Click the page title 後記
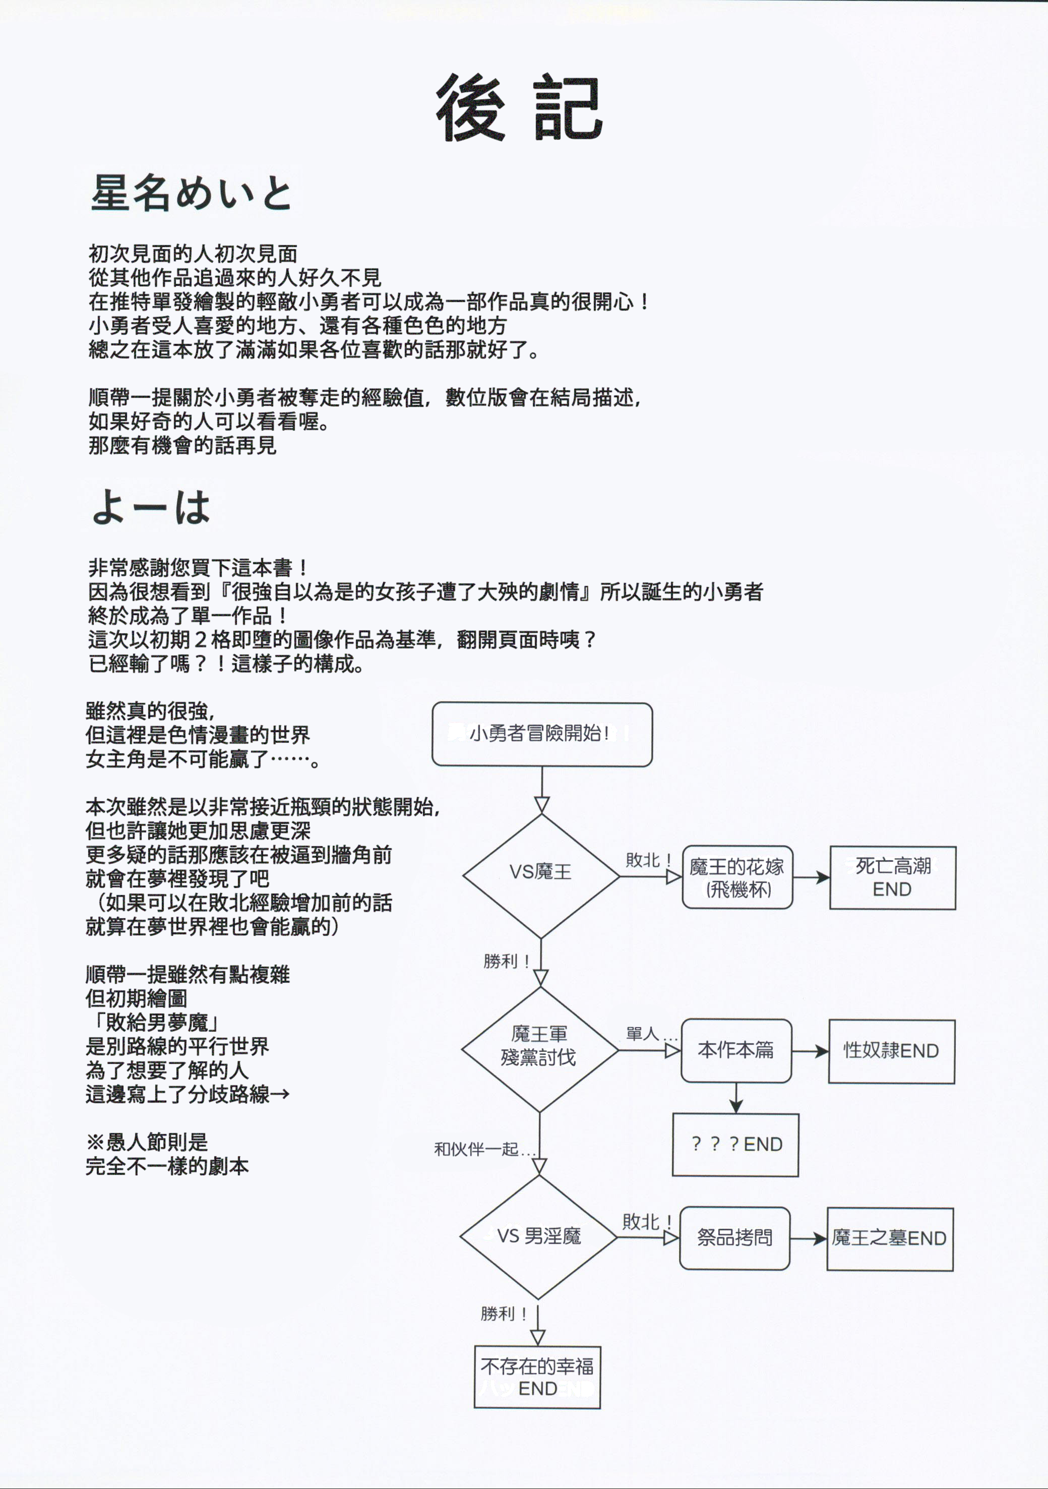click(519, 108)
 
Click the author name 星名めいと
click(192, 193)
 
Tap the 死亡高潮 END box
click(892, 877)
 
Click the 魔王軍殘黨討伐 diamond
click(539, 1049)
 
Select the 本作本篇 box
click(736, 1050)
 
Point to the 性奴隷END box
click(891, 1051)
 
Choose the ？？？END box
click(735, 1145)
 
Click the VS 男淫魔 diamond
click(538, 1237)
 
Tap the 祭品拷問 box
click(735, 1238)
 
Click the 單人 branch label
click(650, 1034)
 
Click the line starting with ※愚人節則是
click(147, 1142)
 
